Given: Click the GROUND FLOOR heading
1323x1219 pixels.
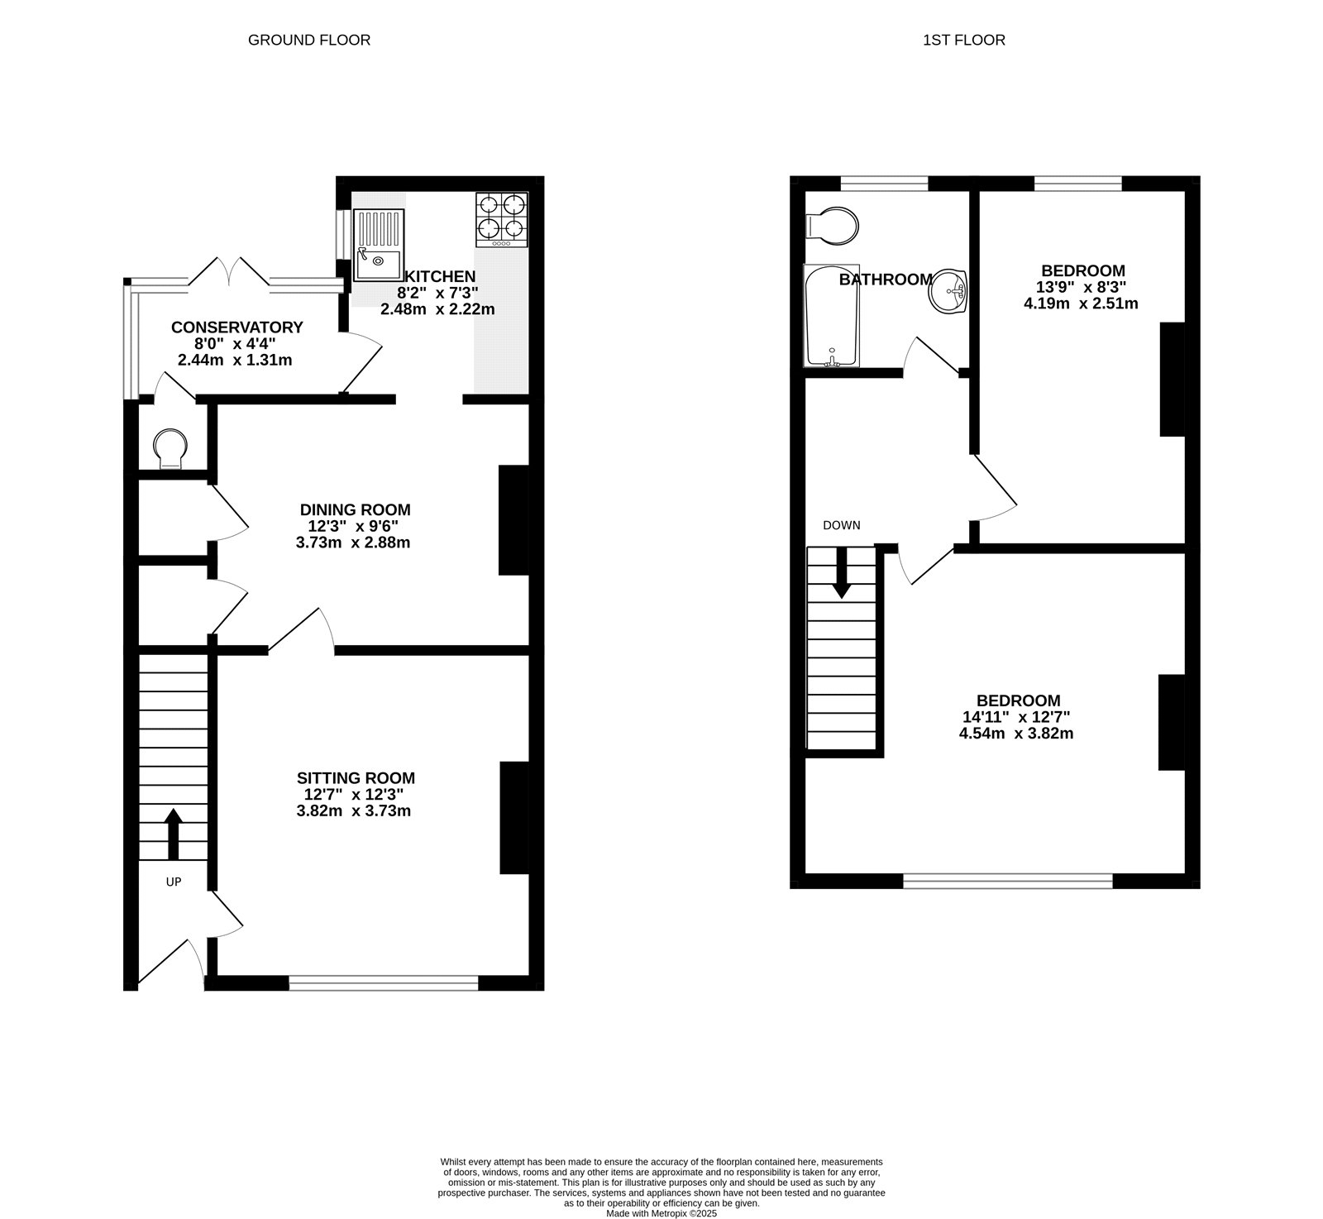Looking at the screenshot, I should click(309, 40).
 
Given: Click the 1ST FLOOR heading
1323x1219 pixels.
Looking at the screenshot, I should click(964, 40).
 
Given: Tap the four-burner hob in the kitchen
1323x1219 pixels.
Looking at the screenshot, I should click(502, 218).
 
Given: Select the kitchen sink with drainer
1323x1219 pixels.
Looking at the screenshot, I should click(379, 245).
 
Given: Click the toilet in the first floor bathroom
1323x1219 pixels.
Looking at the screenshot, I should click(833, 224).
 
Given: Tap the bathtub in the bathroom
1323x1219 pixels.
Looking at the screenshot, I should click(832, 316).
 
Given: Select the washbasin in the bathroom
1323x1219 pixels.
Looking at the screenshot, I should click(950, 291).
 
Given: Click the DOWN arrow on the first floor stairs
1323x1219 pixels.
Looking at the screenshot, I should click(842, 572).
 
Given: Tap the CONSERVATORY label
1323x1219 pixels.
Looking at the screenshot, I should click(236, 327).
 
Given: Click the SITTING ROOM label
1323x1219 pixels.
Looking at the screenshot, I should click(356, 778).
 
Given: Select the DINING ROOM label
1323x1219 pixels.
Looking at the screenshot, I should click(355, 509).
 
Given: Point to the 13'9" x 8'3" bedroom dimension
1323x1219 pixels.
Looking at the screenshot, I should click(1082, 287).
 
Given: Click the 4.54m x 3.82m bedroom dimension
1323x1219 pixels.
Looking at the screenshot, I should click(1016, 733).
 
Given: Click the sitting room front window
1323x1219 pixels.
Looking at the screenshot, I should click(384, 982).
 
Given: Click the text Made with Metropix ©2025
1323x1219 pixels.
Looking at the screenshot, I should click(661, 1214).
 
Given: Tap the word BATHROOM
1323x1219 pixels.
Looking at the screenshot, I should click(886, 280).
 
